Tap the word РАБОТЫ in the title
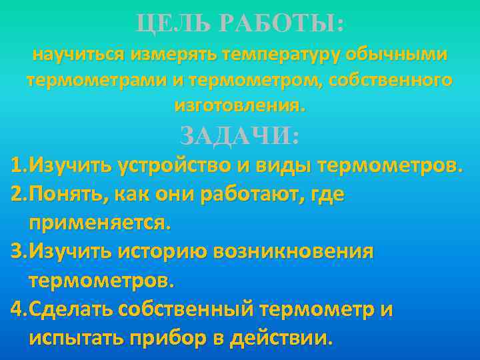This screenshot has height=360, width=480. (280, 26)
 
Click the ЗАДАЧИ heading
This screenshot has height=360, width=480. (240, 137)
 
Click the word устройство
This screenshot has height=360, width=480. (173, 165)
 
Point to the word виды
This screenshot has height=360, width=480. (279, 165)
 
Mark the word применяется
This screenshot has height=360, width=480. (99, 223)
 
